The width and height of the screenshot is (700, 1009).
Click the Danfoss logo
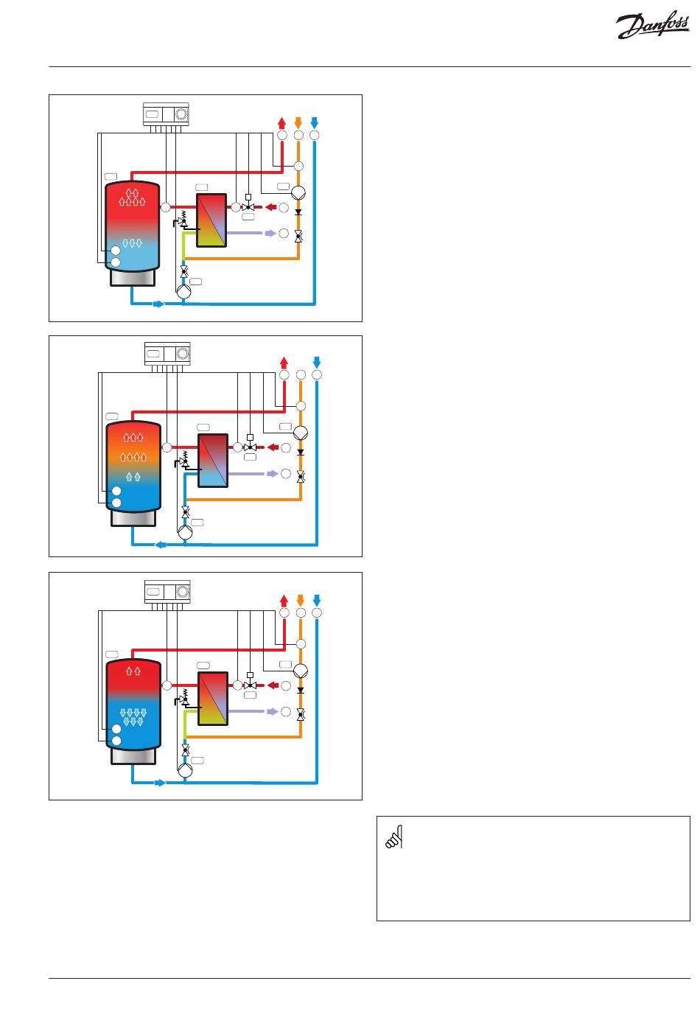(652, 26)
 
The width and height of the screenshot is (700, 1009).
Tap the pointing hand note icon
(394, 837)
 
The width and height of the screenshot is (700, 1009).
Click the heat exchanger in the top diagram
(211, 220)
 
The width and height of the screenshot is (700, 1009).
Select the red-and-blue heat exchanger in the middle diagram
(213, 461)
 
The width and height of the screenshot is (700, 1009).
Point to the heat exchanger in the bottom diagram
(213, 698)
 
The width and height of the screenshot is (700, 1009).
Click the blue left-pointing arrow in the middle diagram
(161, 545)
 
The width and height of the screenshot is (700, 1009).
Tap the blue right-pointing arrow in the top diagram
(159, 304)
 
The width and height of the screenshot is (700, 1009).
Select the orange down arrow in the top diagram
(298, 122)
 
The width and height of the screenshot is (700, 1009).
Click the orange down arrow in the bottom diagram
(301, 600)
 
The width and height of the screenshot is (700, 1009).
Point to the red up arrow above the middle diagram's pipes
(284, 363)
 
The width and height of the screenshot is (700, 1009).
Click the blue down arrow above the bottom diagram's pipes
(317, 600)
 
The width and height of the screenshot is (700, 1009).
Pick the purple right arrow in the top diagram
(270, 233)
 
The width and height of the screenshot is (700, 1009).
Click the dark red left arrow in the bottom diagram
(273, 685)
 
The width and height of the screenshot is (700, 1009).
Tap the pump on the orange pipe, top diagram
(298, 193)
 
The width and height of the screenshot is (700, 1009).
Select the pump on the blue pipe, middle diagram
(185, 532)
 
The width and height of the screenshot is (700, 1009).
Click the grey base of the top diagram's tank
(133, 277)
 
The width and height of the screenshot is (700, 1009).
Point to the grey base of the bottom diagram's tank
(133, 756)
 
